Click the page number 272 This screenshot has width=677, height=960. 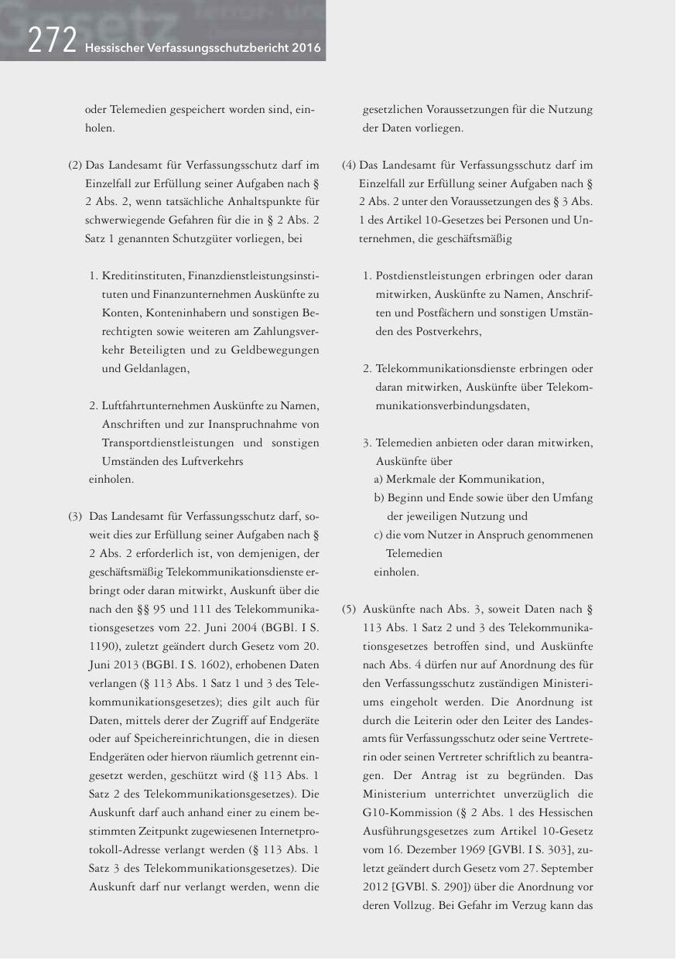(51, 40)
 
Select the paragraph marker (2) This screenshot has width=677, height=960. (75, 165)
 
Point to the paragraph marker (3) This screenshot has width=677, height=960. (75, 515)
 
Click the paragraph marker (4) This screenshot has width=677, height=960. (349, 165)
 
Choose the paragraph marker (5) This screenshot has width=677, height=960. (349, 608)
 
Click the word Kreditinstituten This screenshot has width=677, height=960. (142, 276)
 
